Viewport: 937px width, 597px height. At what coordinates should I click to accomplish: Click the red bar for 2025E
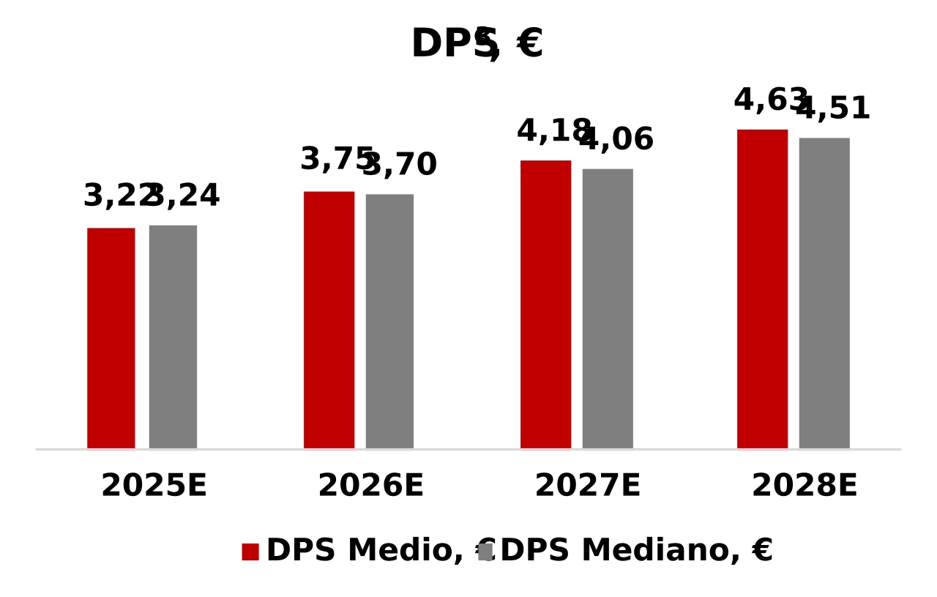pos(111,338)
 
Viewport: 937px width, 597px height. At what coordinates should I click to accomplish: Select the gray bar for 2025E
pos(173,336)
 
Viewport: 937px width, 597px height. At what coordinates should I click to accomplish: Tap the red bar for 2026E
pos(329,319)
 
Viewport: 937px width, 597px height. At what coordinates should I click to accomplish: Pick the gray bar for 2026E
pos(389,321)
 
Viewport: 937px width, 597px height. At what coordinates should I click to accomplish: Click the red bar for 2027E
pos(545,304)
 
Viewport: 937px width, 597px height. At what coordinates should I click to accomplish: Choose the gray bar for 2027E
pos(608,308)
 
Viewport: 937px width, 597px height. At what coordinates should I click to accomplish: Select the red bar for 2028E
pos(762,289)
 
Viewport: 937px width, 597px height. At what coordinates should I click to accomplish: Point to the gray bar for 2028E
pos(824,293)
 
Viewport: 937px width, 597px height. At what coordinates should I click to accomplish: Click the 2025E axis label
pos(154,486)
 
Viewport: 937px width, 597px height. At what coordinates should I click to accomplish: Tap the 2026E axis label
pos(370,486)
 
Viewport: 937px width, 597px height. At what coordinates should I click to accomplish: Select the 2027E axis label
pos(587,486)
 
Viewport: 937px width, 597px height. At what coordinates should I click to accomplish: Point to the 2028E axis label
pos(804,486)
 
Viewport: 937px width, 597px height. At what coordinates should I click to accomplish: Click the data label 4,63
pos(769,100)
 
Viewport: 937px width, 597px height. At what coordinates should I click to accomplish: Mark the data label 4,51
pos(835,109)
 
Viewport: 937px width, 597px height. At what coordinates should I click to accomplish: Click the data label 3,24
pos(185,196)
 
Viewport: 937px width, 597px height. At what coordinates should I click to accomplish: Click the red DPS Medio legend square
pos(250,552)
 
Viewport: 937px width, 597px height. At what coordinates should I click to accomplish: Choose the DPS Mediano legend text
pos(636,551)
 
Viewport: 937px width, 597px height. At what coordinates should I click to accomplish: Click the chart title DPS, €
pos(477,44)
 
